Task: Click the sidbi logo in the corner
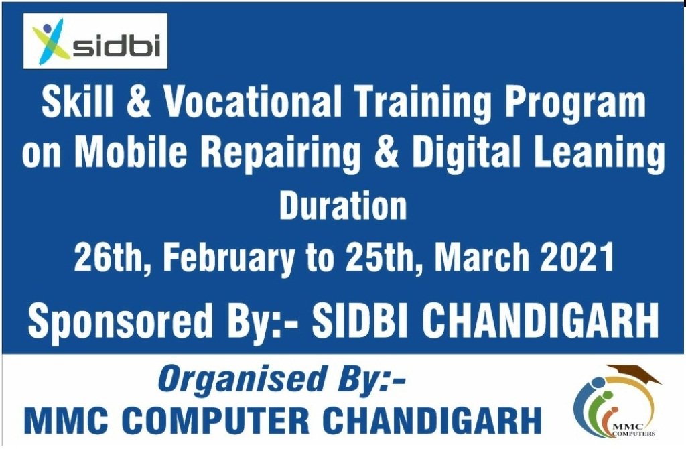(x=95, y=41)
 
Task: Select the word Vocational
(x=253, y=101)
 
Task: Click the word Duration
(x=343, y=205)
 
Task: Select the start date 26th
(x=109, y=257)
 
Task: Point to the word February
(x=229, y=260)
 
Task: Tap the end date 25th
(x=381, y=257)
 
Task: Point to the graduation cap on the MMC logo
(x=635, y=373)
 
